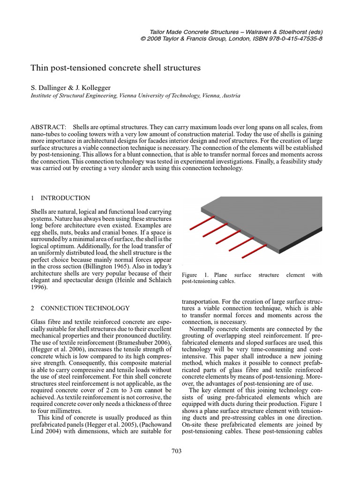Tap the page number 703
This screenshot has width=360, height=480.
(x=177, y=451)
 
